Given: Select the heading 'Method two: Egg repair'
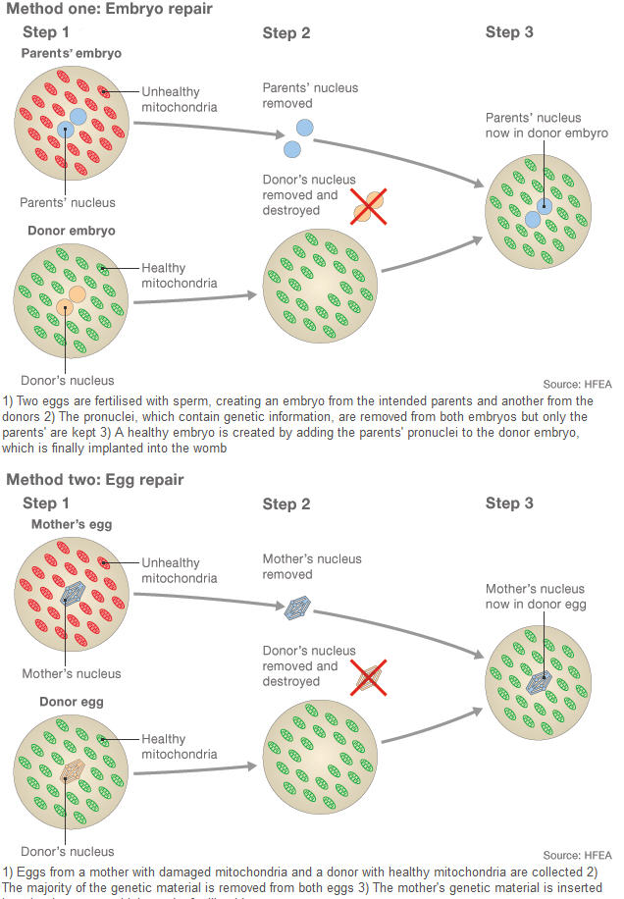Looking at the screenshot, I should point(95,480).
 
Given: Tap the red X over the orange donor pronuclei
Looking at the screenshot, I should point(370,206).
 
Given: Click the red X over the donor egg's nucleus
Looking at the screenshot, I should point(369,677).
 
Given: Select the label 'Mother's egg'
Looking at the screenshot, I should point(72,524).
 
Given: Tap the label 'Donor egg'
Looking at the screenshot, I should point(72,703).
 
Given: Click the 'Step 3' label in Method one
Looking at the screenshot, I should point(509,32).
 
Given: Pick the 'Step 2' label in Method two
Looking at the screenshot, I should point(286,504).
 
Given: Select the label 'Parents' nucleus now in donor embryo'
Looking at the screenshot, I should point(546,126).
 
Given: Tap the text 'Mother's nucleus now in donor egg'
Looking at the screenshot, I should point(536,597).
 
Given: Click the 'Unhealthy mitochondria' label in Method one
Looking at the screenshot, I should point(179,99).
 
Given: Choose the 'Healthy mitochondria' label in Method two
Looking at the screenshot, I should point(179,747).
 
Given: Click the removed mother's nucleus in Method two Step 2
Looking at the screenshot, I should point(297,609).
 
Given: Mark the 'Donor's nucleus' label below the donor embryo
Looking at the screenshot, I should point(67,381).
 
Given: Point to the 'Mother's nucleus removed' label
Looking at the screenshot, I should point(311,566).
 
